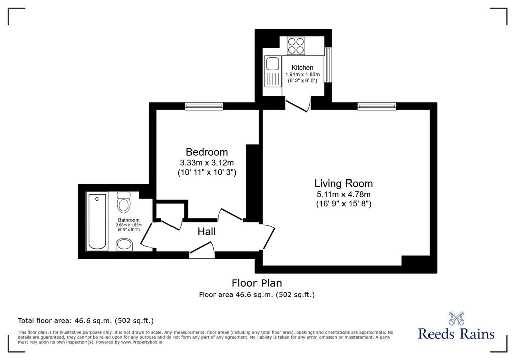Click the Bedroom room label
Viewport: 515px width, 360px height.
tap(207, 152)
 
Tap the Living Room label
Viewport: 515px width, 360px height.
tap(344, 183)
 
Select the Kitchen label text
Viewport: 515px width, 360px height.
tap(302, 68)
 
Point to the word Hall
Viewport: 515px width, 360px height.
tap(207, 232)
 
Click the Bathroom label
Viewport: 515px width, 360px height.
tap(129, 220)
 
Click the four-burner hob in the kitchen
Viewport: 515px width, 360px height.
tap(296, 46)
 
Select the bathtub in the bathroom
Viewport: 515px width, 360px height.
tap(97, 222)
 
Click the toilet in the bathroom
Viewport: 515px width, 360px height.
tap(124, 201)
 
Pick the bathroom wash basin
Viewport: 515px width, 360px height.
tap(125, 245)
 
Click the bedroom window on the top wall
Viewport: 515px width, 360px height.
tap(204, 106)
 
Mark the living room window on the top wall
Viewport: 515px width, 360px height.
tap(377, 106)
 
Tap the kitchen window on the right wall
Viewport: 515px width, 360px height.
tap(328, 65)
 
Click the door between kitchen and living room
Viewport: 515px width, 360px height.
tap(298, 105)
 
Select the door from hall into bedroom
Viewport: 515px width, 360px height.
tap(231, 215)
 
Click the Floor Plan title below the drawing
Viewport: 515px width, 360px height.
tap(257, 283)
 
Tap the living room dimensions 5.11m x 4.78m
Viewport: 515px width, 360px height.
tap(344, 194)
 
